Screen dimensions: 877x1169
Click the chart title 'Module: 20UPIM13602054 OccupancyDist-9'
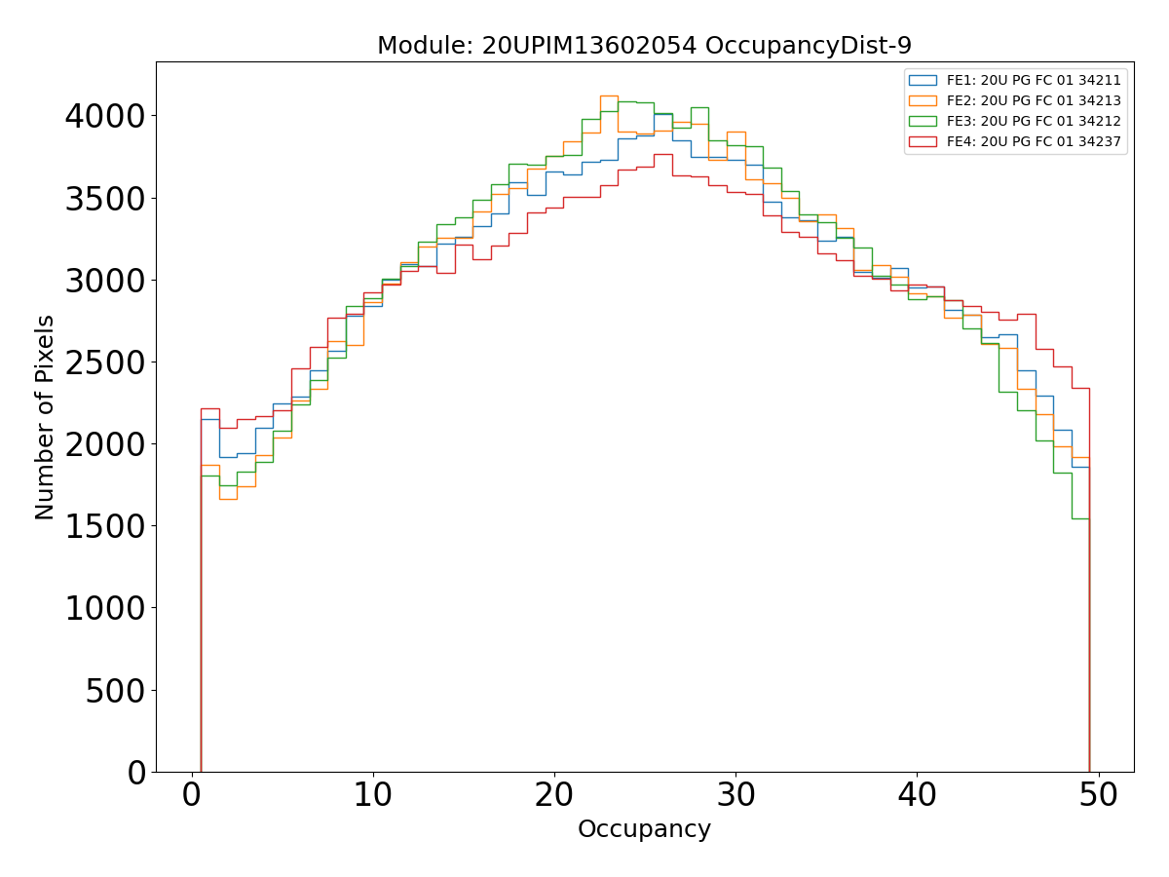click(644, 46)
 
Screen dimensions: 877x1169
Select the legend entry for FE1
click(1034, 81)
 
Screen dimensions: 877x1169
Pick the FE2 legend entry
click(1034, 100)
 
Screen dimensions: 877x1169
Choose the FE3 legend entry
click(1034, 121)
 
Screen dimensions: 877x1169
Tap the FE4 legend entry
click(1034, 141)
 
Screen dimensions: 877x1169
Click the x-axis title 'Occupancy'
click(644, 829)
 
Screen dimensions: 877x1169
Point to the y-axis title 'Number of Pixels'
click(45, 417)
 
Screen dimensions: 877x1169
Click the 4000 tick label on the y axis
click(105, 117)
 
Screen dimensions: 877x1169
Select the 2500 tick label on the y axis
click(105, 362)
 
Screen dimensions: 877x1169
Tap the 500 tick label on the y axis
click(117, 691)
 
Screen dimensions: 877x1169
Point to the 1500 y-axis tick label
click(105, 526)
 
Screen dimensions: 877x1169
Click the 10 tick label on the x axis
click(373, 796)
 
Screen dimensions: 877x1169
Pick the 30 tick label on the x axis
click(735, 796)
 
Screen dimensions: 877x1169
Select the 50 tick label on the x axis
click(1099, 796)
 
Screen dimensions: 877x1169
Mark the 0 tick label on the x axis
click(192, 796)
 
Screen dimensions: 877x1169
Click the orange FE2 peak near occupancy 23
click(608, 95)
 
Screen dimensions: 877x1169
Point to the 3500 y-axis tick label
click(105, 199)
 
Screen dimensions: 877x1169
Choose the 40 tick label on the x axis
click(917, 796)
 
